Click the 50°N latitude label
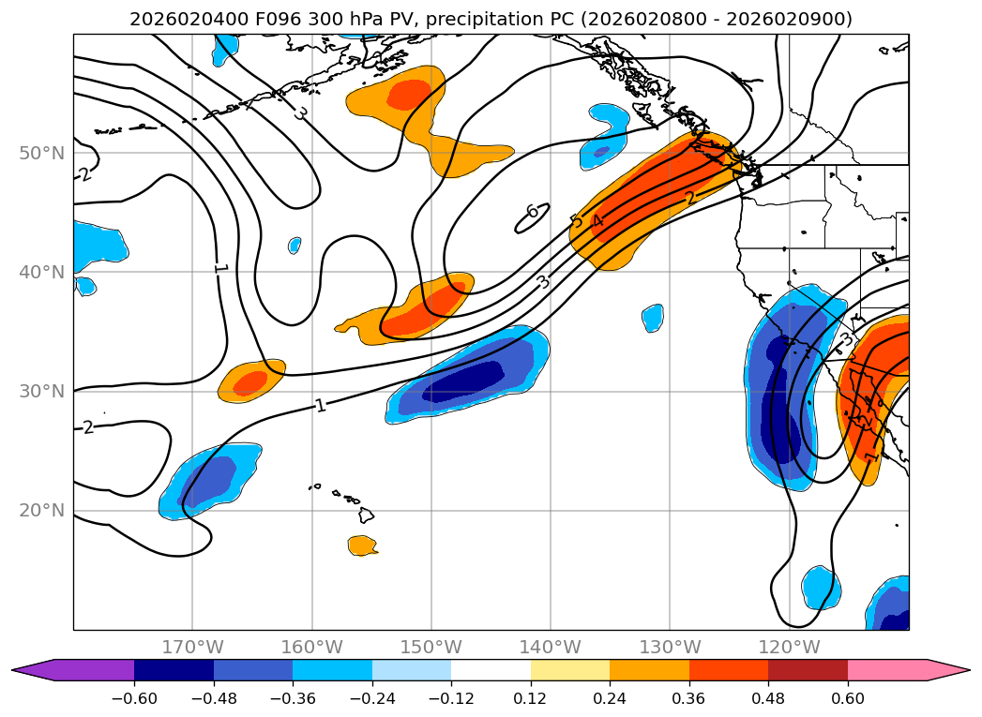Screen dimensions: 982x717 (x=42, y=153)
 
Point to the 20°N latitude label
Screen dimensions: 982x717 (x=42, y=510)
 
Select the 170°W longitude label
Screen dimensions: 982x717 (x=192, y=647)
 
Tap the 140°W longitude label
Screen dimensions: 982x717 (x=551, y=647)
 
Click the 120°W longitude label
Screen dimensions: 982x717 (x=789, y=647)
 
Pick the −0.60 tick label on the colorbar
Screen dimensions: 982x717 (x=134, y=697)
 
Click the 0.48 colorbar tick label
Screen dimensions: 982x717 (x=768, y=697)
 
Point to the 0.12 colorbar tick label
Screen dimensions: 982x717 (x=531, y=697)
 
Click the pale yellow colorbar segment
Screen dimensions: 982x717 (x=570, y=670)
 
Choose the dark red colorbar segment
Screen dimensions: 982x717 (x=808, y=670)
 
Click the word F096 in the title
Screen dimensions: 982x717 (x=276, y=20)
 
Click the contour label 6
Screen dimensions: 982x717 (x=532, y=212)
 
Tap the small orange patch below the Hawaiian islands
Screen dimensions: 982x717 (x=363, y=545)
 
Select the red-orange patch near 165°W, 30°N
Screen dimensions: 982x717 (x=252, y=381)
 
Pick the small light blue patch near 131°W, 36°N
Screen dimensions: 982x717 (x=653, y=319)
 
